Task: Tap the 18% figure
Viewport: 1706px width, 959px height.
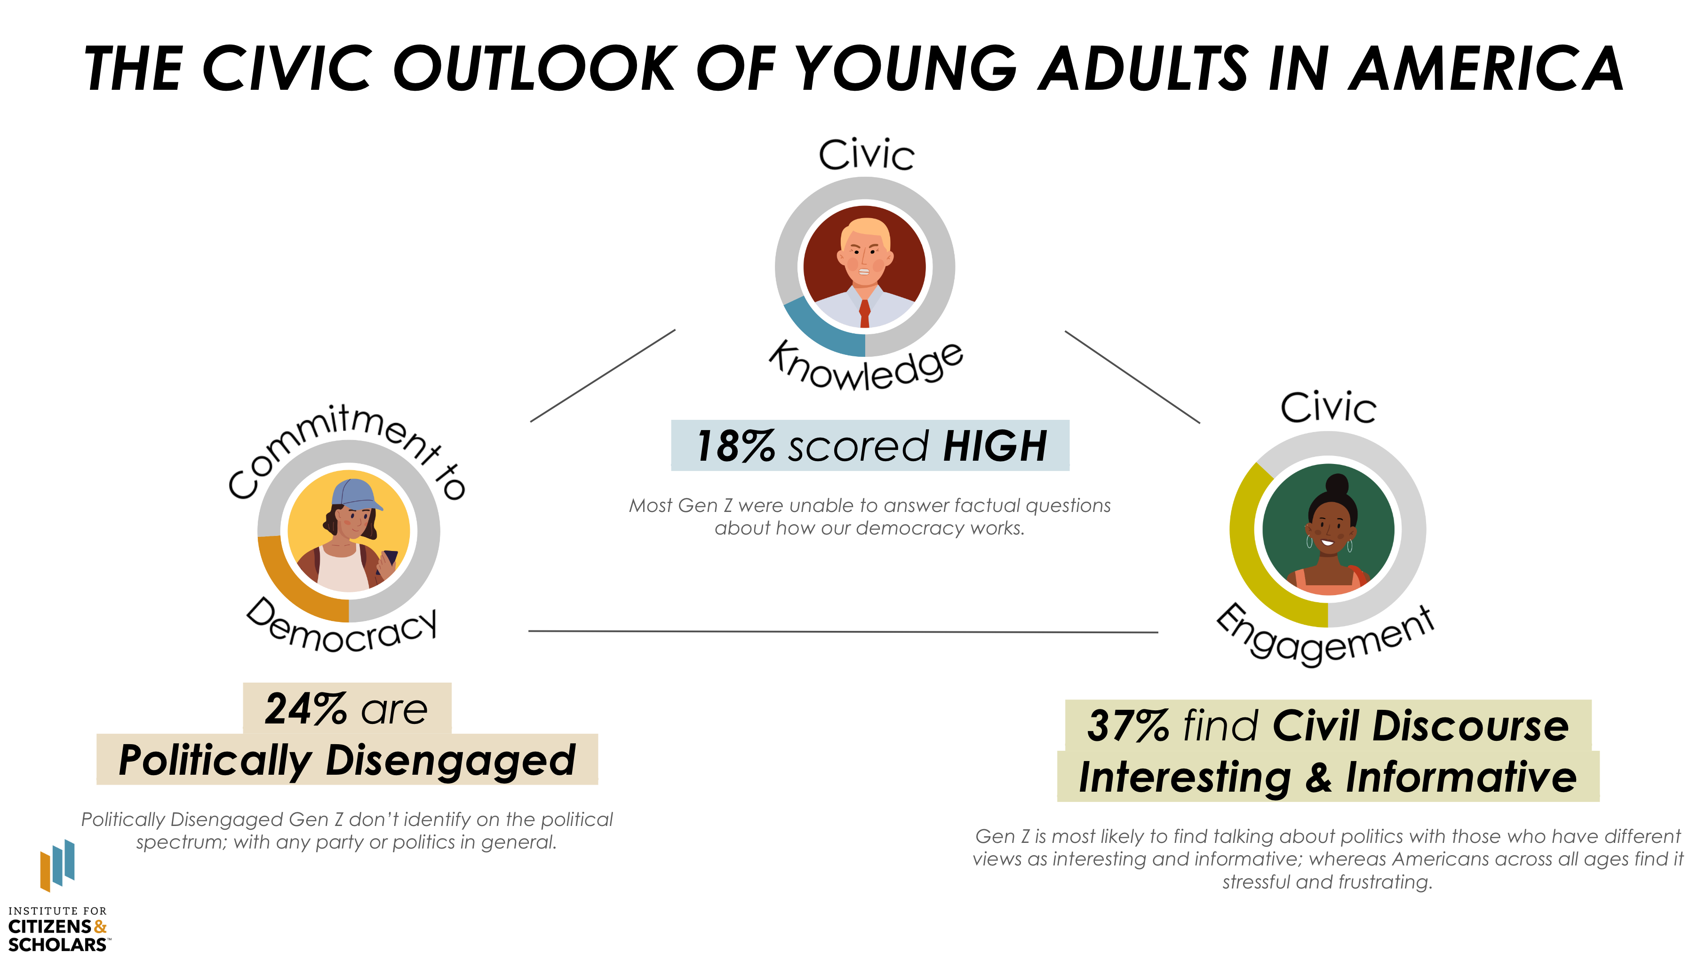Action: point(735,445)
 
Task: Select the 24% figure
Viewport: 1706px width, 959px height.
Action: point(305,709)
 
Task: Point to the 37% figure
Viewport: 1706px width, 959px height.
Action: point(1128,726)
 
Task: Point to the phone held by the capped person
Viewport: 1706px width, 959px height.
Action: point(390,559)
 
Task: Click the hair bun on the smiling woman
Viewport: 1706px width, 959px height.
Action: point(1337,485)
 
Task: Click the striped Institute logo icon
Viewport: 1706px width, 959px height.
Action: point(57,865)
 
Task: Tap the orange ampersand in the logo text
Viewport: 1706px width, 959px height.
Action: point(100,927)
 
